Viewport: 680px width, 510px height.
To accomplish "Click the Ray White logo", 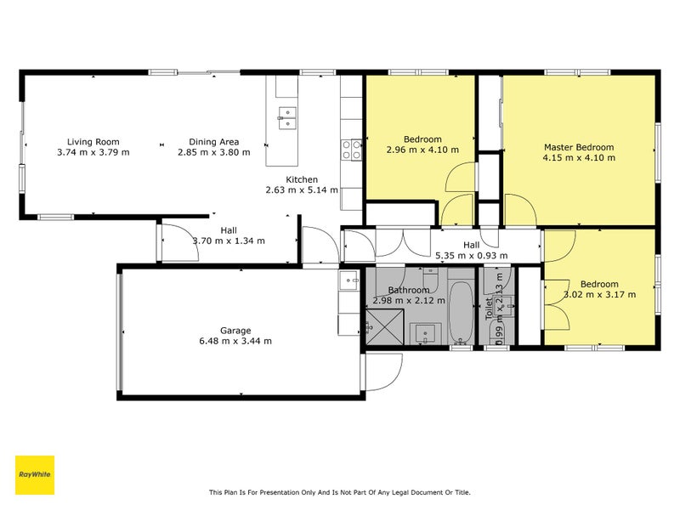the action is click(x=35, y=475).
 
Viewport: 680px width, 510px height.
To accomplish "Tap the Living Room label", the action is click(x=93, y=142).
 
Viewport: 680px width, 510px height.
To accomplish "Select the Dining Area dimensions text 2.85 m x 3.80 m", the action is click(x=214, y=152).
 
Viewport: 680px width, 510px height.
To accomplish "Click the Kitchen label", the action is click(x=302, y=179).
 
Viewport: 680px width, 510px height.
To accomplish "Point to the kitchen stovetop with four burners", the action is click(x=351, y=150).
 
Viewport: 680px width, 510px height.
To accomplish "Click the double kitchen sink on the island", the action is click(x=287, y=118).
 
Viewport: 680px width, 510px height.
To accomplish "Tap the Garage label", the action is click(x=235, y=331).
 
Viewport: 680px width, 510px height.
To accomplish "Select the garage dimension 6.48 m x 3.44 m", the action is click(x=235, y=342).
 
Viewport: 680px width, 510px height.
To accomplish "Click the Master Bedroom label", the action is click(x=579, y=147).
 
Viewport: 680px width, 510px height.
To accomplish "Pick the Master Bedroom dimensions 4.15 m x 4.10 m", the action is click(x=579, y=158).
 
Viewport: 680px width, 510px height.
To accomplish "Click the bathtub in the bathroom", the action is click(x=461, y=313).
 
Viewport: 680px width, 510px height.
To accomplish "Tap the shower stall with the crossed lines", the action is click(x=385, y=327).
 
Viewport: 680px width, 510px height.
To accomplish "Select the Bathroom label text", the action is click(x=409, y=290).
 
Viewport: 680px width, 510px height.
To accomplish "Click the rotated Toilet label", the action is click(x=489, y=309).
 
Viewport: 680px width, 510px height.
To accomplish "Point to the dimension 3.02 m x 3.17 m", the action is click(x=600, y=295).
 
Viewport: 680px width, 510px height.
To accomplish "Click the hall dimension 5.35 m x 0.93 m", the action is click(x=472, y=256).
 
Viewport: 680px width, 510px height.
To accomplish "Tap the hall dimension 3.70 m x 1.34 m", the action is click(x=229, y=241).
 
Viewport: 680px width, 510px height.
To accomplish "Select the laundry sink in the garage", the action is click(x=348, y=280).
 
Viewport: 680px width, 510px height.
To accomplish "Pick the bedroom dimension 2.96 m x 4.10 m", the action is click(x=422, y=150).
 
